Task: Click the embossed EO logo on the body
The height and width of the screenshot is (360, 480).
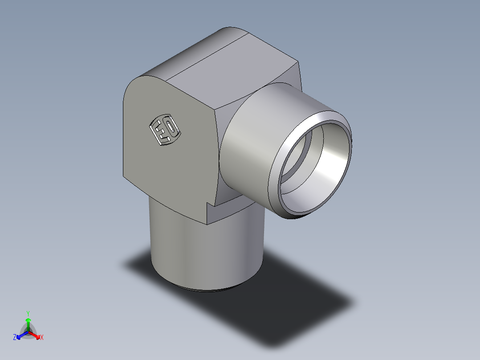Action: click(164, 131)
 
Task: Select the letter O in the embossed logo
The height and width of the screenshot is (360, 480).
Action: click(170, 127)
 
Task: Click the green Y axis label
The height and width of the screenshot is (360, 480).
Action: click(28, 313)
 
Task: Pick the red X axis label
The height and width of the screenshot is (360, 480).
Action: click(42, 338)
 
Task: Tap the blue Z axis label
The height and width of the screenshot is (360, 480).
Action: click(15, 338)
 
